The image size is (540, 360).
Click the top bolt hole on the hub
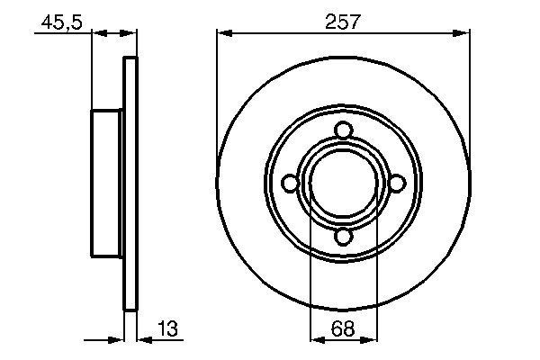[342, 130]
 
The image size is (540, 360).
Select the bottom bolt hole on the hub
[342, 237]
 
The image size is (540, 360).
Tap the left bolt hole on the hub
[289, 184]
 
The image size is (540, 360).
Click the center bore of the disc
[342, 184]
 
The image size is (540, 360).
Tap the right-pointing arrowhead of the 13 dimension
[117, 340]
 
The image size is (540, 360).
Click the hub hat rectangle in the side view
[107, 184]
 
